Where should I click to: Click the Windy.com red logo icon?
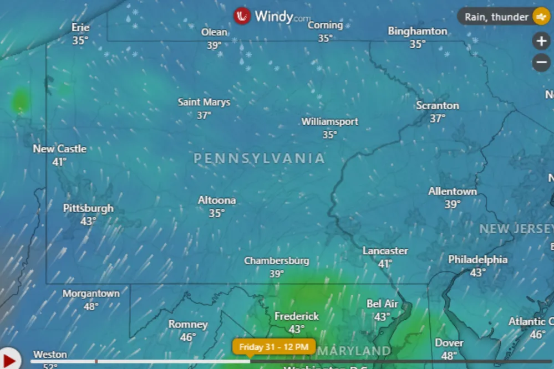click(242, 16)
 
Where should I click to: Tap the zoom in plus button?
click(541, 41)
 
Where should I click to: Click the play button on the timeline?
click(9, 358)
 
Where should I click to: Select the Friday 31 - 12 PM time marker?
click(274, 347)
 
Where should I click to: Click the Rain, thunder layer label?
click(496, 17)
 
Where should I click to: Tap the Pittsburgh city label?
click(88, 208)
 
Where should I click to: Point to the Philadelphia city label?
click(477, 259)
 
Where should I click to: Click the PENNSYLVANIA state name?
click(259, 158)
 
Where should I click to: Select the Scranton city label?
click(438, 105)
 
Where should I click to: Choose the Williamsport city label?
click(330, 121)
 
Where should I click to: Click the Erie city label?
click(80, 27)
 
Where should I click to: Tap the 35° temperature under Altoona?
click(217, 213)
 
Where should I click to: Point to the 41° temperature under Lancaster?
click(385, 264)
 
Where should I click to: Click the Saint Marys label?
click(204, 102)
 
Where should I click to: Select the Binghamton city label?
click(418, 31)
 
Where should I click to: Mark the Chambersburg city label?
click(277, 260)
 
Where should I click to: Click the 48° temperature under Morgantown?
click(91, 306)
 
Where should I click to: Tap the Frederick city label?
click(297, 316)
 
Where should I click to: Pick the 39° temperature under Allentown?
click(453, 204)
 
